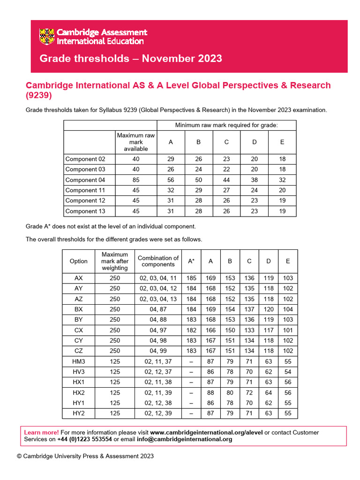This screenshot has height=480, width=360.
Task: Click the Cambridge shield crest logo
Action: [47, 37]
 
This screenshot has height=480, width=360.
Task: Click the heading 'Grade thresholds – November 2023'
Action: [131, 59]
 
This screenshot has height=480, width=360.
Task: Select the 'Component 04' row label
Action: [85, 180]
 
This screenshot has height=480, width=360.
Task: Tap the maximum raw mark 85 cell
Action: [136, 180]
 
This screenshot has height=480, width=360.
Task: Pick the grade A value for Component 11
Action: [171, 190]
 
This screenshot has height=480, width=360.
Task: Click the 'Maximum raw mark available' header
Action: [136, 142]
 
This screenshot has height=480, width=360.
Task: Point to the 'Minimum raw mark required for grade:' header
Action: [226, 125]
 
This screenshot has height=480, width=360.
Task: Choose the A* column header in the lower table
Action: [191, 261]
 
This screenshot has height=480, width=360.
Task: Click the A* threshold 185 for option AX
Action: [191, 278]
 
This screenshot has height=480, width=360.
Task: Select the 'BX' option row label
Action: [78, 309]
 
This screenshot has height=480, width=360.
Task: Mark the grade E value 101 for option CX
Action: [288, 330]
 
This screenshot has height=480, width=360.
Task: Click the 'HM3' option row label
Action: [78, 362]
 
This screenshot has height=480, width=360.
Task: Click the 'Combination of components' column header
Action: [158, 261]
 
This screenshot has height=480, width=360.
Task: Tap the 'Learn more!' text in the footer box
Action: [41, 432]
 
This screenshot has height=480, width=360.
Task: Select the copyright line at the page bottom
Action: [85, 456]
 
